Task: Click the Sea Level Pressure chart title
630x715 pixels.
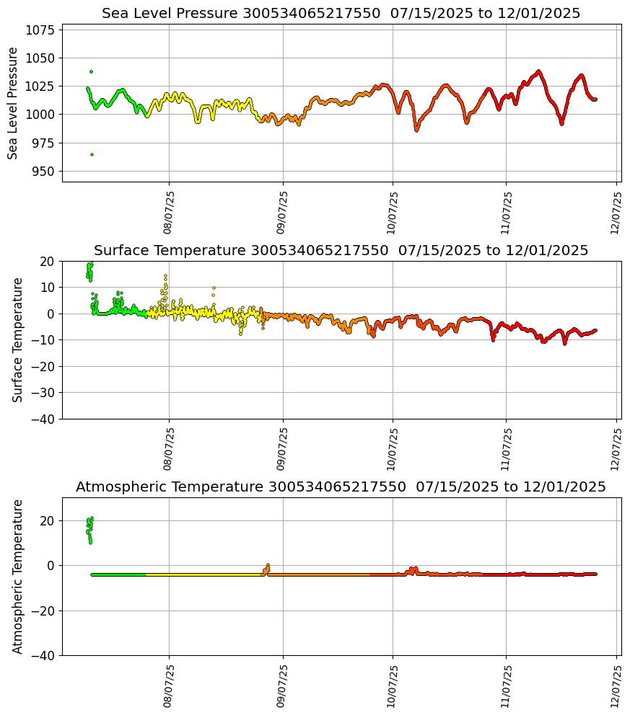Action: coord(341,14)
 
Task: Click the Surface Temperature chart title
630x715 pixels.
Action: coord(341,251)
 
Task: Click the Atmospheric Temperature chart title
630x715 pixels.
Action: coord(341,487)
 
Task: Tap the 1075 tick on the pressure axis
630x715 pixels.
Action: coord(41,30)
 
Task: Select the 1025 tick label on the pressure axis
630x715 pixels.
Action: coord(41,86)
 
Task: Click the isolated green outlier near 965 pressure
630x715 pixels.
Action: coord(92,154)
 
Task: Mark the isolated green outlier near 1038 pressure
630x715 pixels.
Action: coord(91,71)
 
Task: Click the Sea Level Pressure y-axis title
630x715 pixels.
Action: coord(13,103)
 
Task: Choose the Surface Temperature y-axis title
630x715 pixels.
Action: coord(18,339)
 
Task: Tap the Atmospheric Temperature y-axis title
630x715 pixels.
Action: coord(18,577)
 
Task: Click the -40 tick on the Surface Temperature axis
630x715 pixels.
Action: coord(44,419)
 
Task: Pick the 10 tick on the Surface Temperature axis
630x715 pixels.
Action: coord(48,288)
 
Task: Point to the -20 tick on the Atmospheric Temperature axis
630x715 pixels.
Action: coord(44,610)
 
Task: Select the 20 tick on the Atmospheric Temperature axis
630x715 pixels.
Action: coord(48,521)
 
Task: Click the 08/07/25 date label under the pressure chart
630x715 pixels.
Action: coord(169,213)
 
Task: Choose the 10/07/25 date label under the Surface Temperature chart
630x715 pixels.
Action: coord(393,449)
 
